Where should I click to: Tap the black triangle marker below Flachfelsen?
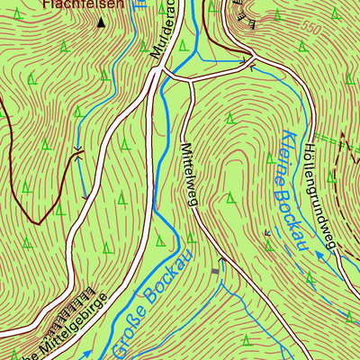point(100,24)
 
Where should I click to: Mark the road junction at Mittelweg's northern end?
point(191,82)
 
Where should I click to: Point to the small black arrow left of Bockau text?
point(266,235)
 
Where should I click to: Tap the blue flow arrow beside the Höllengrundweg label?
point(317,256)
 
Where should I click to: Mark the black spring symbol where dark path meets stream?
point(79,153)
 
